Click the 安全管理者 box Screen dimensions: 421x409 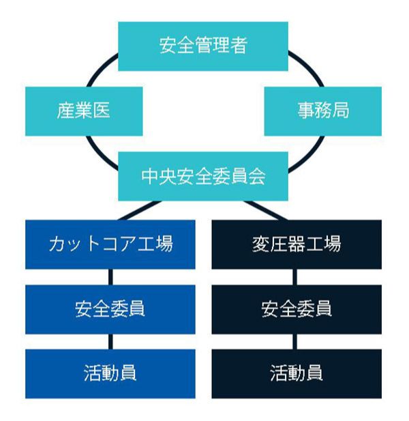(203, 46)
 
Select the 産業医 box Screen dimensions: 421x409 (84, 111)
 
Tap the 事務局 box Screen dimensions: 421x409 (322, 111)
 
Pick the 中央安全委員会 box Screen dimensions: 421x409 (203, 176)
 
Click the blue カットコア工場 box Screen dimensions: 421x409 (110, 244)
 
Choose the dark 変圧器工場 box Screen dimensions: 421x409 (297, 244)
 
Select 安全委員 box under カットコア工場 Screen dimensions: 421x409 (110, 309)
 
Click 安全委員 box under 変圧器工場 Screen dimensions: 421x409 (297, 309)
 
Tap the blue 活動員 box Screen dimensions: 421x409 (110, 373)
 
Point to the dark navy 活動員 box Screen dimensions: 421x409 (297, 373)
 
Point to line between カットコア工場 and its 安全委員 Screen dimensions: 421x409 (110, 276)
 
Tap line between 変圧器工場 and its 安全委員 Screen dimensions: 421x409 (297, 276)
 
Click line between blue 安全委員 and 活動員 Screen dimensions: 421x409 (110, 341)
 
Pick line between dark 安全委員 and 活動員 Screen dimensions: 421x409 (297, 341)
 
